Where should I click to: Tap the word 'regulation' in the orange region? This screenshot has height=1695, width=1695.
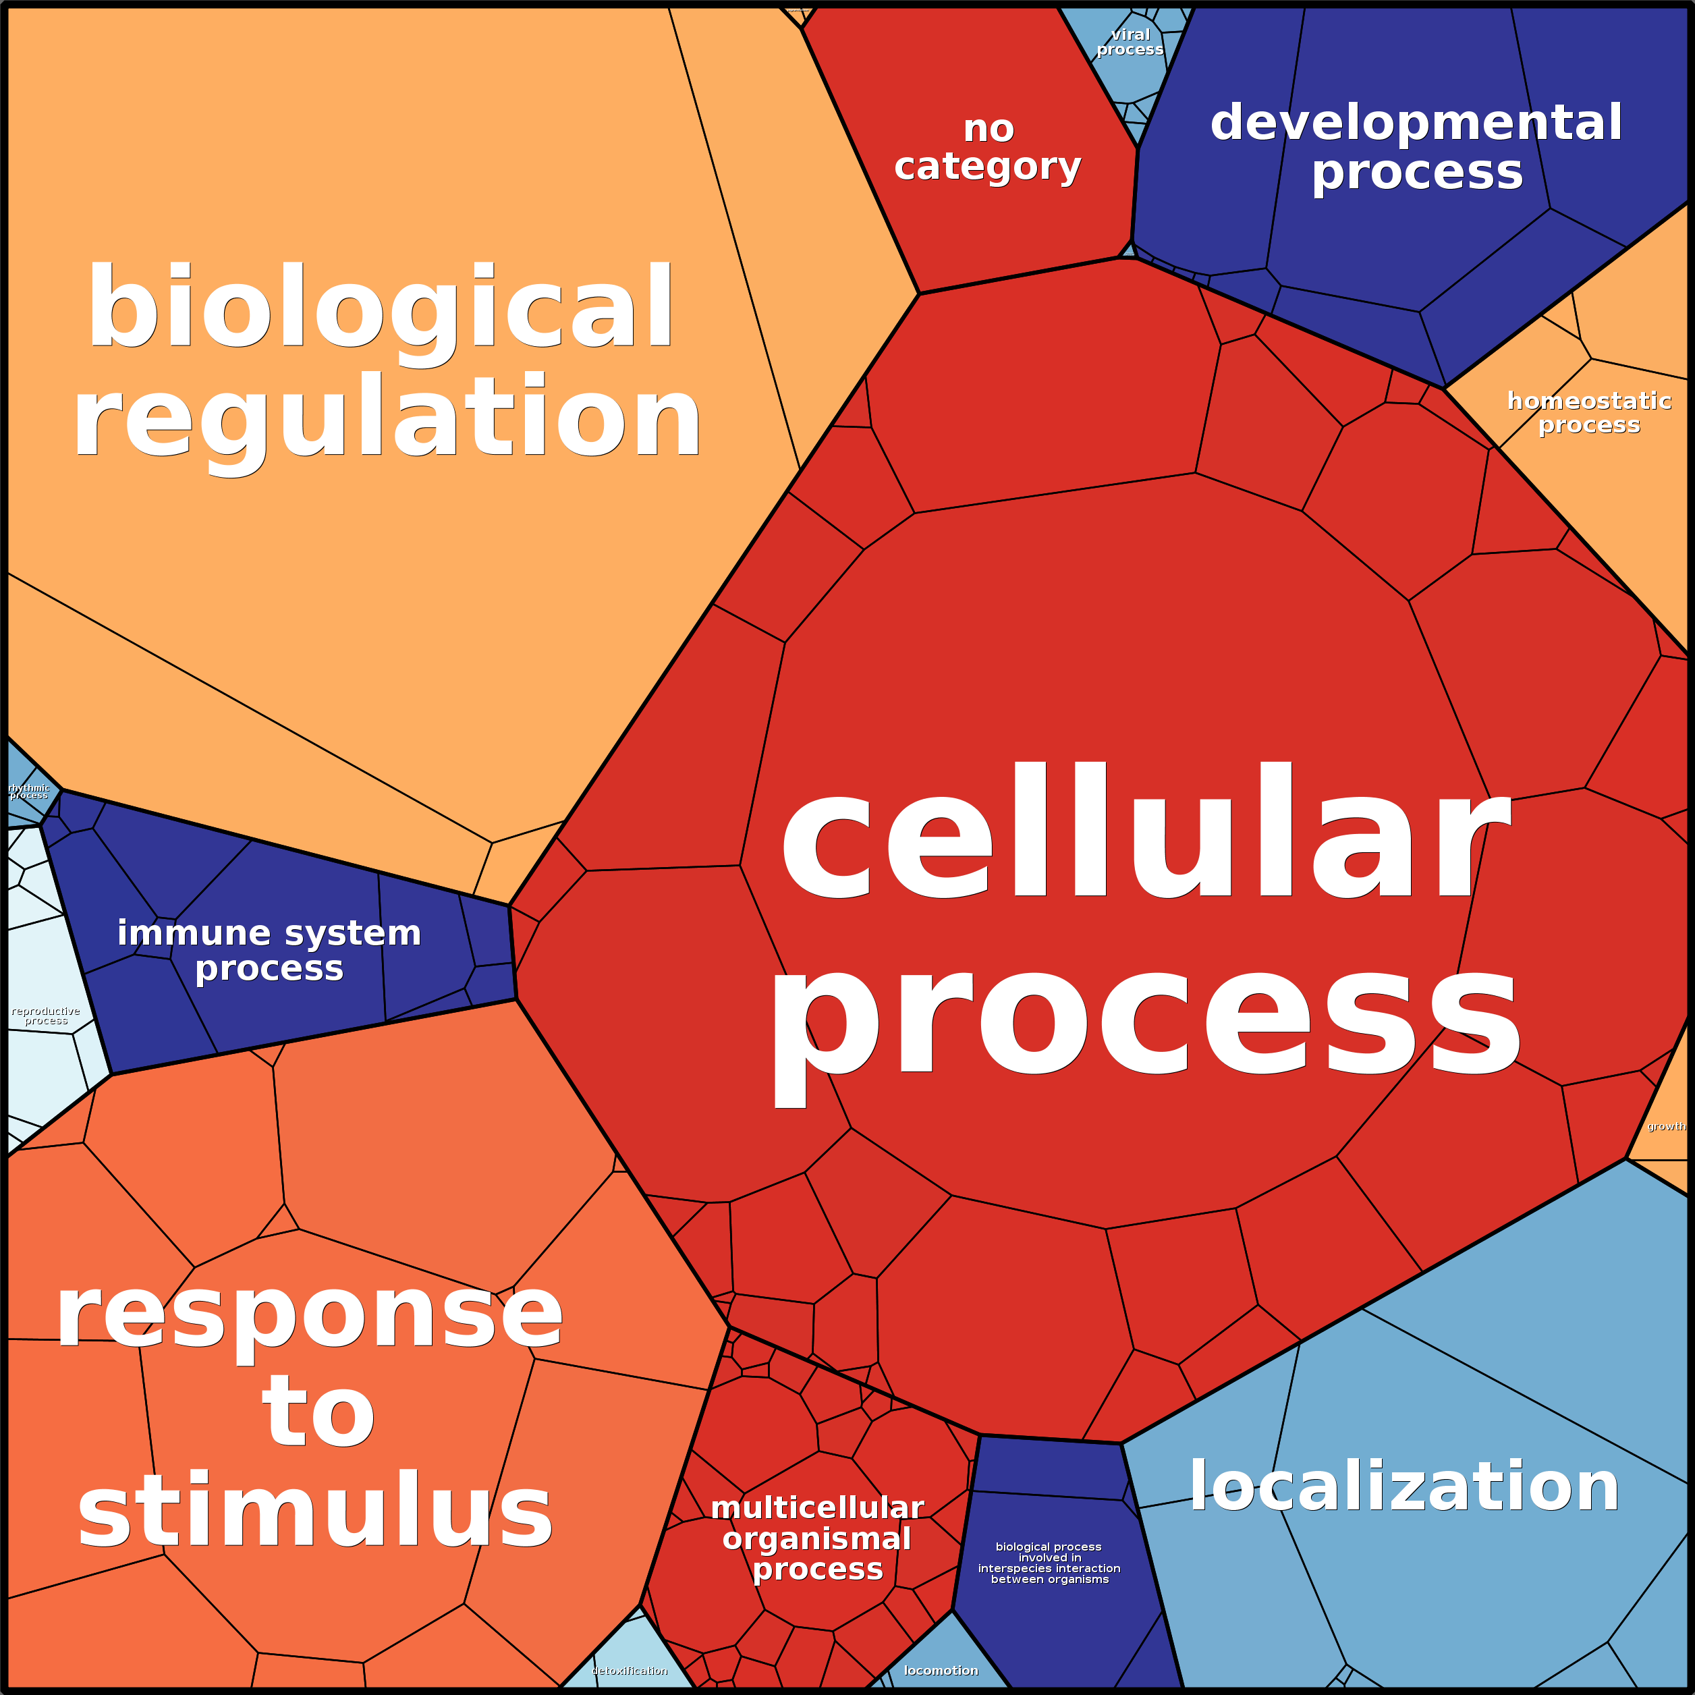click(387, 418)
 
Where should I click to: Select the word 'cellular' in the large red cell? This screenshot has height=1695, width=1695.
click(1145, 833)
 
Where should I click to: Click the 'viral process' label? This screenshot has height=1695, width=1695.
click(1130, 41)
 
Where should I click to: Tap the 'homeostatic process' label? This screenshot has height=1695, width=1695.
click(1589, 412)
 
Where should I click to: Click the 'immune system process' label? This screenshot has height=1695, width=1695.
click(269, 950)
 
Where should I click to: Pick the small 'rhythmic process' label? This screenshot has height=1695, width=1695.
click(29, 791)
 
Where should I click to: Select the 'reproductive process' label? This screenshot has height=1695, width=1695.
click(46, 1016)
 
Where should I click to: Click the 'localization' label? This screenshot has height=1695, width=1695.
click(1404, 1486)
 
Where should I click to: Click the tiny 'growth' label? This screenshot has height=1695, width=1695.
click(1666, 1126)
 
